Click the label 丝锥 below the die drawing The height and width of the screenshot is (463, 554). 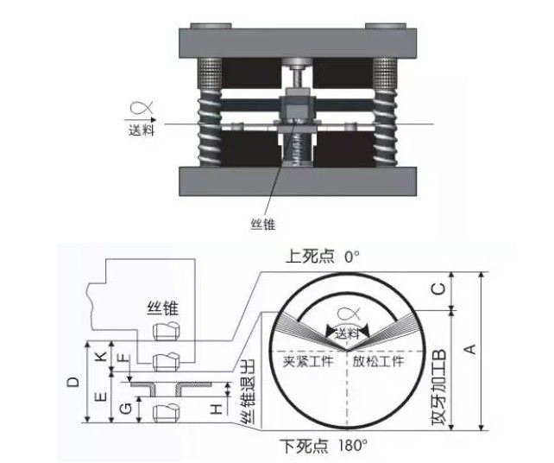[262, 224]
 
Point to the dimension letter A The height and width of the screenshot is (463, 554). [469, 349]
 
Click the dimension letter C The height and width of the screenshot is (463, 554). [438, 290]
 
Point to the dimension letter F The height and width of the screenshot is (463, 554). [123, 357]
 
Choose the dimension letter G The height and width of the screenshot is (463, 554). [126, 407]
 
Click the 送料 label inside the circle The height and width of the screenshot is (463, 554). [348, 332]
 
